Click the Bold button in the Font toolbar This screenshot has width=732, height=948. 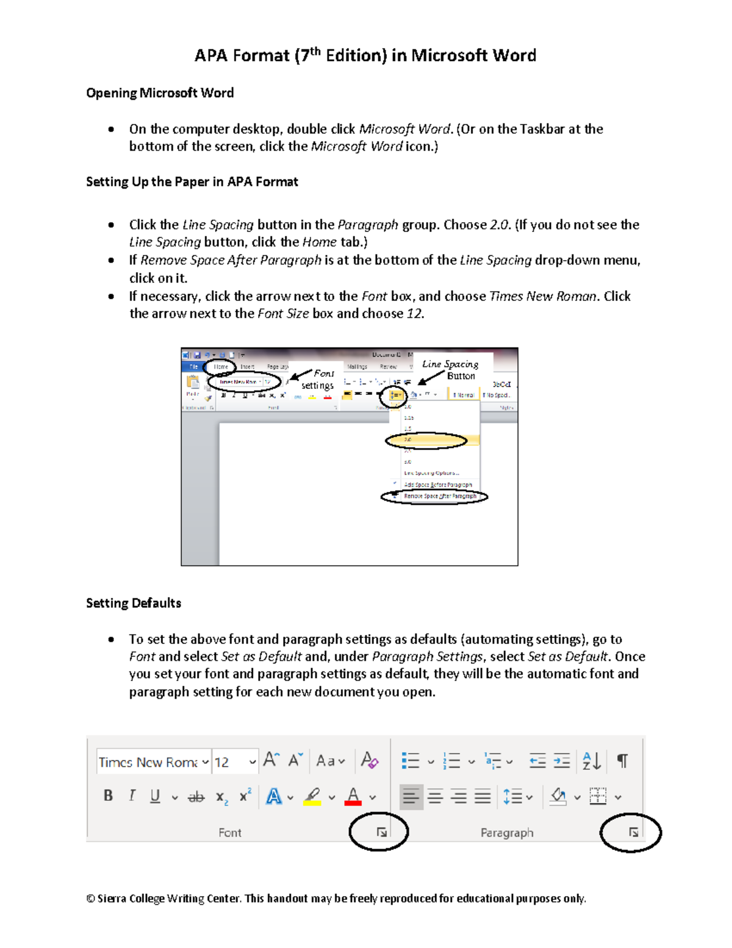tap(108, 795)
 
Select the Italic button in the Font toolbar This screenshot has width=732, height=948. tap(132, 795)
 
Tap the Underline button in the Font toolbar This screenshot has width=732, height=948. tap(155, 796)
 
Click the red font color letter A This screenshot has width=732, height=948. tap(353, 796)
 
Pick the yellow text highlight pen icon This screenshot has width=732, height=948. tap(312, 796)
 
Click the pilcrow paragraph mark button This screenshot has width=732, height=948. tap(622, 761)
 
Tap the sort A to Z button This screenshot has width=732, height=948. tap(591, 761)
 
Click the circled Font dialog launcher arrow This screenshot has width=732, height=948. tap(381, 832)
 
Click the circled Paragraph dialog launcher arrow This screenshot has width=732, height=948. tap(633, 832)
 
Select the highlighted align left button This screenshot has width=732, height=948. tap(411, 797)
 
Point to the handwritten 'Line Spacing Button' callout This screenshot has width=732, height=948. tap(451, 369)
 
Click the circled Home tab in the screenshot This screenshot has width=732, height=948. tap(220, 367)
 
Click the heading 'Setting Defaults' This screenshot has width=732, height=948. tap(134, 603)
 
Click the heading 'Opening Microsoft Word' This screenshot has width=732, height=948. tap(160, 93)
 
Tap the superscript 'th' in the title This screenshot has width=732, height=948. tap(314, 51)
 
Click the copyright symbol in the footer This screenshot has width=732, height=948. tap(90, 899)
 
